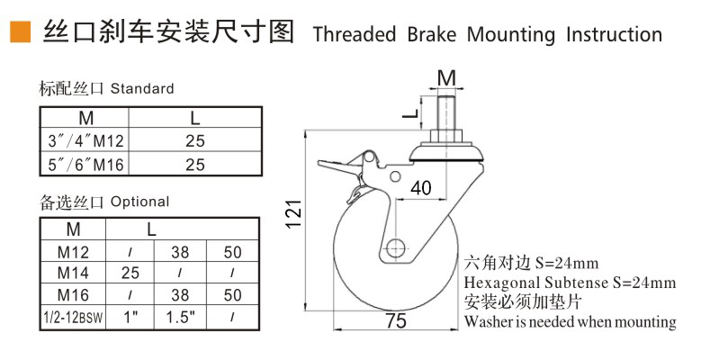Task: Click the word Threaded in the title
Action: coord(355,35)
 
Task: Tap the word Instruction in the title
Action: coord(614,35)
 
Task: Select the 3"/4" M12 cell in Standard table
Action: coord(85,141)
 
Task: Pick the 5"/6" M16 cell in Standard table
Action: coord(85,165)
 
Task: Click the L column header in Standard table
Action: coord(195,118)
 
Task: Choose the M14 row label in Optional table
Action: coord(73,272)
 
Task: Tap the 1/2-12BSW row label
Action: coord(73,317)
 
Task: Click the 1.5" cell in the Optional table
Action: coord(181,317)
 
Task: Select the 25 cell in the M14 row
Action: coord(129,272)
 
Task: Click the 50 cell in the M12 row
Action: coord(233,250)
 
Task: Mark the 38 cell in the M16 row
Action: coord(181,294)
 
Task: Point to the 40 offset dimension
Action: coord(420,188)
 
